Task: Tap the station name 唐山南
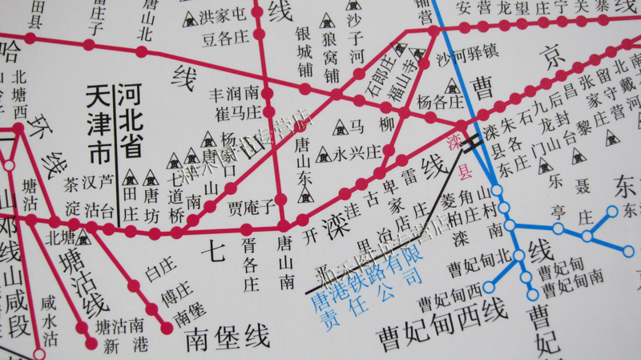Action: click(284, 261)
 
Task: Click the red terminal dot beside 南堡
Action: click(167, 328)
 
